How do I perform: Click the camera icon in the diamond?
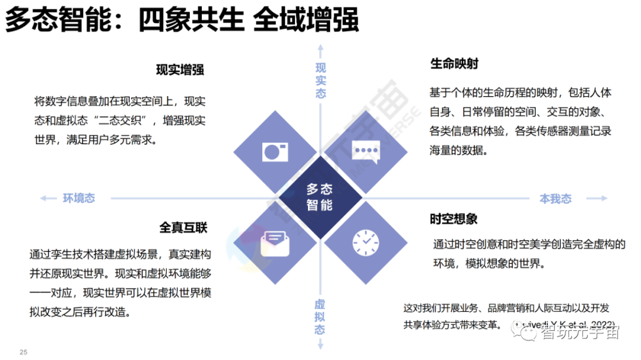click(275, 152)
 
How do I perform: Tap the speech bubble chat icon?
click(364, 152)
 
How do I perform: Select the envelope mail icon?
click(275, 241)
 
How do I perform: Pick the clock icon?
click(365, 241)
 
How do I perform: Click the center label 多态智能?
click(320, 197)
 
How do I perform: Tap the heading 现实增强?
click(180, 70)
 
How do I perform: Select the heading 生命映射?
click(454, 63)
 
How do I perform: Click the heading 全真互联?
click(183, 228)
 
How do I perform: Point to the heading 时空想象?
click(454, 219)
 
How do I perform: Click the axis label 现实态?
click(320, 80)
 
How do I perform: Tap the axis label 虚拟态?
click(320, 316)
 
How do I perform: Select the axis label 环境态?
click(79, 198)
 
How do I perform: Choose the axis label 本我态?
click(556, 199)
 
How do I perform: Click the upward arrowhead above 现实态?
click(320, 47)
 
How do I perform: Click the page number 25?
click(24, 352)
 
